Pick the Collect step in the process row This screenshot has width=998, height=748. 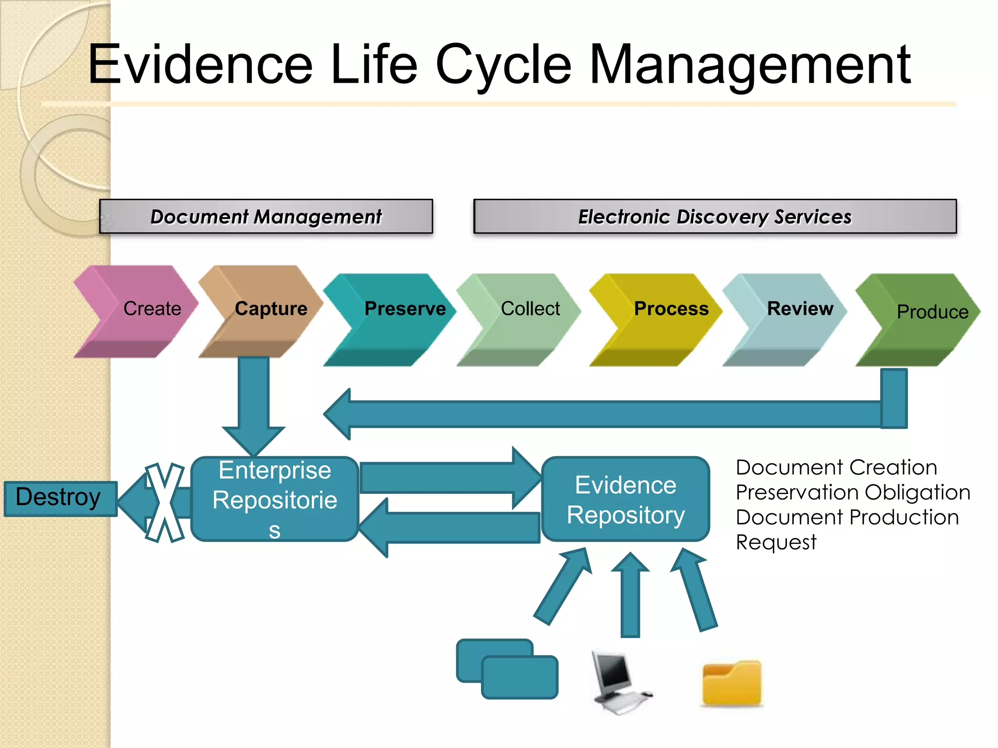click(x=524, y=317)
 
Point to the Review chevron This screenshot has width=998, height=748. click(x=792, y=317)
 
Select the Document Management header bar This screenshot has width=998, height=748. click(x=266, y=216)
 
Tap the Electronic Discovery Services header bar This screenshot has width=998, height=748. click(x=715, y=216)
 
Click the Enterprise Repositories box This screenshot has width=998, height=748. click(x=275, y=499)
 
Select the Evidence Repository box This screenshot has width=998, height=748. click(x=626, y=499)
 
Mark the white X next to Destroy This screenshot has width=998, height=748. click(x=165, y=503)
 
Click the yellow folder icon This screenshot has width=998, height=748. click(x=732, y=683)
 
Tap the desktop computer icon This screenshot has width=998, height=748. click(x=617, y=682)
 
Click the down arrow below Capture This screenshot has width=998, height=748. click(x=254, y=404)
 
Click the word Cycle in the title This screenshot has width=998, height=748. click(x=503, y=64)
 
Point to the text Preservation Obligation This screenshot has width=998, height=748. click(x=853, y=492)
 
